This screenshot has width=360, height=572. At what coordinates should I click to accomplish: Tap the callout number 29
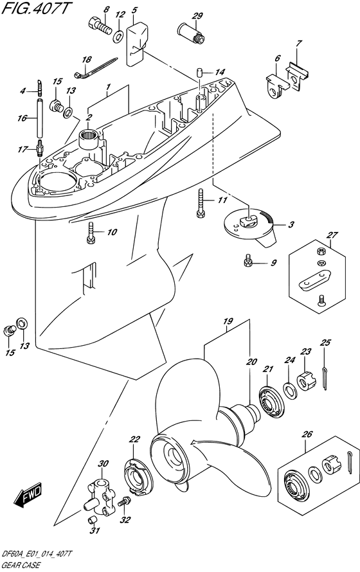point(197,16)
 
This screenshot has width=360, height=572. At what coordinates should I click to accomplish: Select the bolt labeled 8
point(99,25)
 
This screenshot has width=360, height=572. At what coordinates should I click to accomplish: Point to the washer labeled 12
point(118,36)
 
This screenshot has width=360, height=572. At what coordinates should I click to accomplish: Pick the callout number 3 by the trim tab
point(291,225)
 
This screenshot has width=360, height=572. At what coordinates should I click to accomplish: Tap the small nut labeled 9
point(247,260)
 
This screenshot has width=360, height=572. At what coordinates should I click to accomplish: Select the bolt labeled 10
point(91,233)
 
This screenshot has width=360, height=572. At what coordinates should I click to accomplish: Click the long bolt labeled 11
point(200,203)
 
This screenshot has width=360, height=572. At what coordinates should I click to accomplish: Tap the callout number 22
point(134,440)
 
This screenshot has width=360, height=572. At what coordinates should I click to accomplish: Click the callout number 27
point(332,235)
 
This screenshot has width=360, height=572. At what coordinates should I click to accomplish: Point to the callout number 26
point(307,434)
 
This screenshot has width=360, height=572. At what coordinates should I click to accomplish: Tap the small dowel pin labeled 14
point(199,72)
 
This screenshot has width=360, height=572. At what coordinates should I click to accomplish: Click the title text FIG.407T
point(35,8)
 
